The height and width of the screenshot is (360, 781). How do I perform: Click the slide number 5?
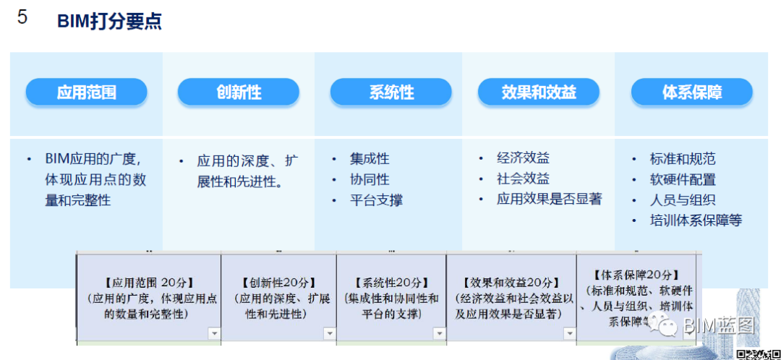[x=22, y=18]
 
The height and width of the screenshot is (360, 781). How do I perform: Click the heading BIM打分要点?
[x=109, y=21]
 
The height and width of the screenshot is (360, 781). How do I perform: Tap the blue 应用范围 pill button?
[x=87, y=93]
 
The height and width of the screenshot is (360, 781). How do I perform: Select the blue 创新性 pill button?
[x=239, y=93]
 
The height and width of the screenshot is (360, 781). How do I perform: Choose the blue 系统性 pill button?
[x=391, y=93]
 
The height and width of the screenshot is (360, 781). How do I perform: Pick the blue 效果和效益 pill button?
[x=539, y=93]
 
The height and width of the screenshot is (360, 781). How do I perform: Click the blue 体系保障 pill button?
[x=691, y=93]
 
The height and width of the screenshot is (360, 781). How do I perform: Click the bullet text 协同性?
[x=370, y=179]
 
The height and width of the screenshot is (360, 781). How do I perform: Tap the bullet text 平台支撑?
[x=376, y=200]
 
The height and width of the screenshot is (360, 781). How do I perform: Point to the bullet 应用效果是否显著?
[x=549, y=199]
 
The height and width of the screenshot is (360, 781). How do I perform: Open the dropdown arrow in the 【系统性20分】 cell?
[x=439, y=333]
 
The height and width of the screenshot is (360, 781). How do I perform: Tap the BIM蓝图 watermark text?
[x=718, y=326]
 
